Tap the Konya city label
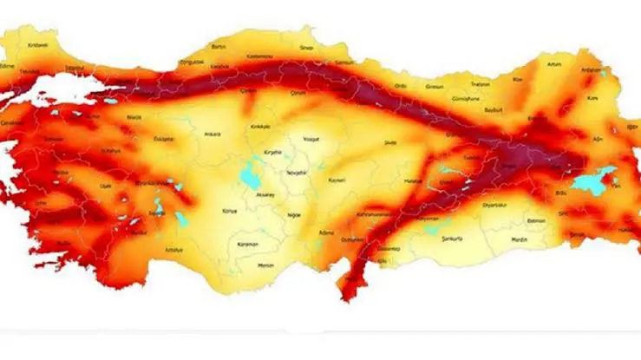tap(230, 211)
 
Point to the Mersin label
tap(266, 265)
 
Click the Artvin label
tap(554, 63)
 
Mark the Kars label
tap(594, 99)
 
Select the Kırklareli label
tap(37, 44)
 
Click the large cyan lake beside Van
tap(593, 180)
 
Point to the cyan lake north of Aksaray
tap(251, 177)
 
